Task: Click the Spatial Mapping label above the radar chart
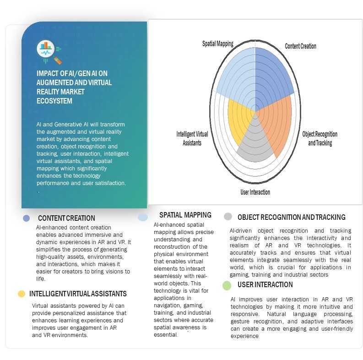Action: point(218,44)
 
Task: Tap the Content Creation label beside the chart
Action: point(300,46)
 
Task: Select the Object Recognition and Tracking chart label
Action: point(320,138)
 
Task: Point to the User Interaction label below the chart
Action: point(255,192)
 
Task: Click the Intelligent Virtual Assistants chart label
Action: point(189,138)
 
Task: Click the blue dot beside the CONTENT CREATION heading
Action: point(27,218)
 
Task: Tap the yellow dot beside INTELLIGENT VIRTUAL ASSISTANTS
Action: point(21,294)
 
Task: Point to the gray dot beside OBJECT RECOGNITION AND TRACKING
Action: point(228,217)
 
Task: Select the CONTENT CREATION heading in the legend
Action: point(66,218)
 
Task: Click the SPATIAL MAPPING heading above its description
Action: point(185,215)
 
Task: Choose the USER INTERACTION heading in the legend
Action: point(265,285)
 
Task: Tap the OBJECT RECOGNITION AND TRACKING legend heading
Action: point(291,217)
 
